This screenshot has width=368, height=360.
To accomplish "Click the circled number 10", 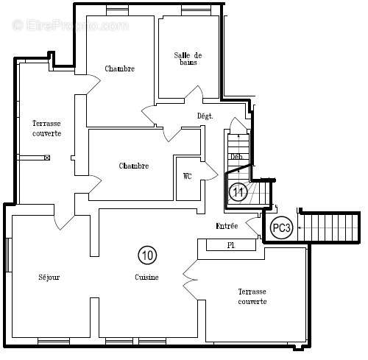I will coord(147,255).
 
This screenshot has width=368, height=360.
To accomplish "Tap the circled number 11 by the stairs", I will coord(237,193).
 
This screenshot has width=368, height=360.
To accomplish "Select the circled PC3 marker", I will coord(281,227).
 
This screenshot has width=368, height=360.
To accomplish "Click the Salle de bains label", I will coord(188,60).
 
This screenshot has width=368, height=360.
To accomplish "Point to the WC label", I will coord(188,176).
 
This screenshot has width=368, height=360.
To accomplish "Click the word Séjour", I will coord(49,277).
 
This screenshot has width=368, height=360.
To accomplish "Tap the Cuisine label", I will coord(146,277).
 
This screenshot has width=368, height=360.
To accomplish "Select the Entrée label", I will coord(227,226).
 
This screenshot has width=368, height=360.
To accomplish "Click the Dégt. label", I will coord(205,116).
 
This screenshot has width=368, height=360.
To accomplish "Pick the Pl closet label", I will coord(230,245).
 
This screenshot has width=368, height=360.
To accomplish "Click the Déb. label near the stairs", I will coord(237,157).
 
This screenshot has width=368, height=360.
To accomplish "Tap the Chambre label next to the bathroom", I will coord(119,69).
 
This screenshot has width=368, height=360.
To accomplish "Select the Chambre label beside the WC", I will coord(134,166).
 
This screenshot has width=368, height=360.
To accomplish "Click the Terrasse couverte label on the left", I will coord(46,128).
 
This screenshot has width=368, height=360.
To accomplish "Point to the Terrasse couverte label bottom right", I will coord(252,297).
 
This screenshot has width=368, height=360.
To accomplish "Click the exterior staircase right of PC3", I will coord(332,227).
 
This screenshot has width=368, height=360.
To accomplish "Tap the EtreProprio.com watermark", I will coord(70,25).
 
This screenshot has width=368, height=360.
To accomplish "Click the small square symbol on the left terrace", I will coord(48,158).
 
